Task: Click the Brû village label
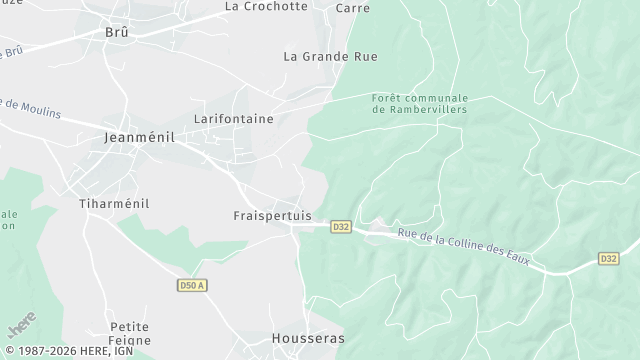coord(118,32)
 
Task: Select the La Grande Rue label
coord(330,57)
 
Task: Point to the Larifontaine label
coord(233,119)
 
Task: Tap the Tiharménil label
coord(113,203)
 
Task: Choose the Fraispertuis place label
coord(271,216)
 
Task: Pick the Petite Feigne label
coord(129,334)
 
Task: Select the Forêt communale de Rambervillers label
coord(419,103)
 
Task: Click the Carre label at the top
coord(353,8)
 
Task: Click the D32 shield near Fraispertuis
coord(341,227)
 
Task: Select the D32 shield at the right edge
coord(608,258)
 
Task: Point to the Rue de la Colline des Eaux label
coord(469,250)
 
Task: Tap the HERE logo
coord(21,327)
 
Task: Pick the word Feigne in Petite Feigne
coord(129,341)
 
